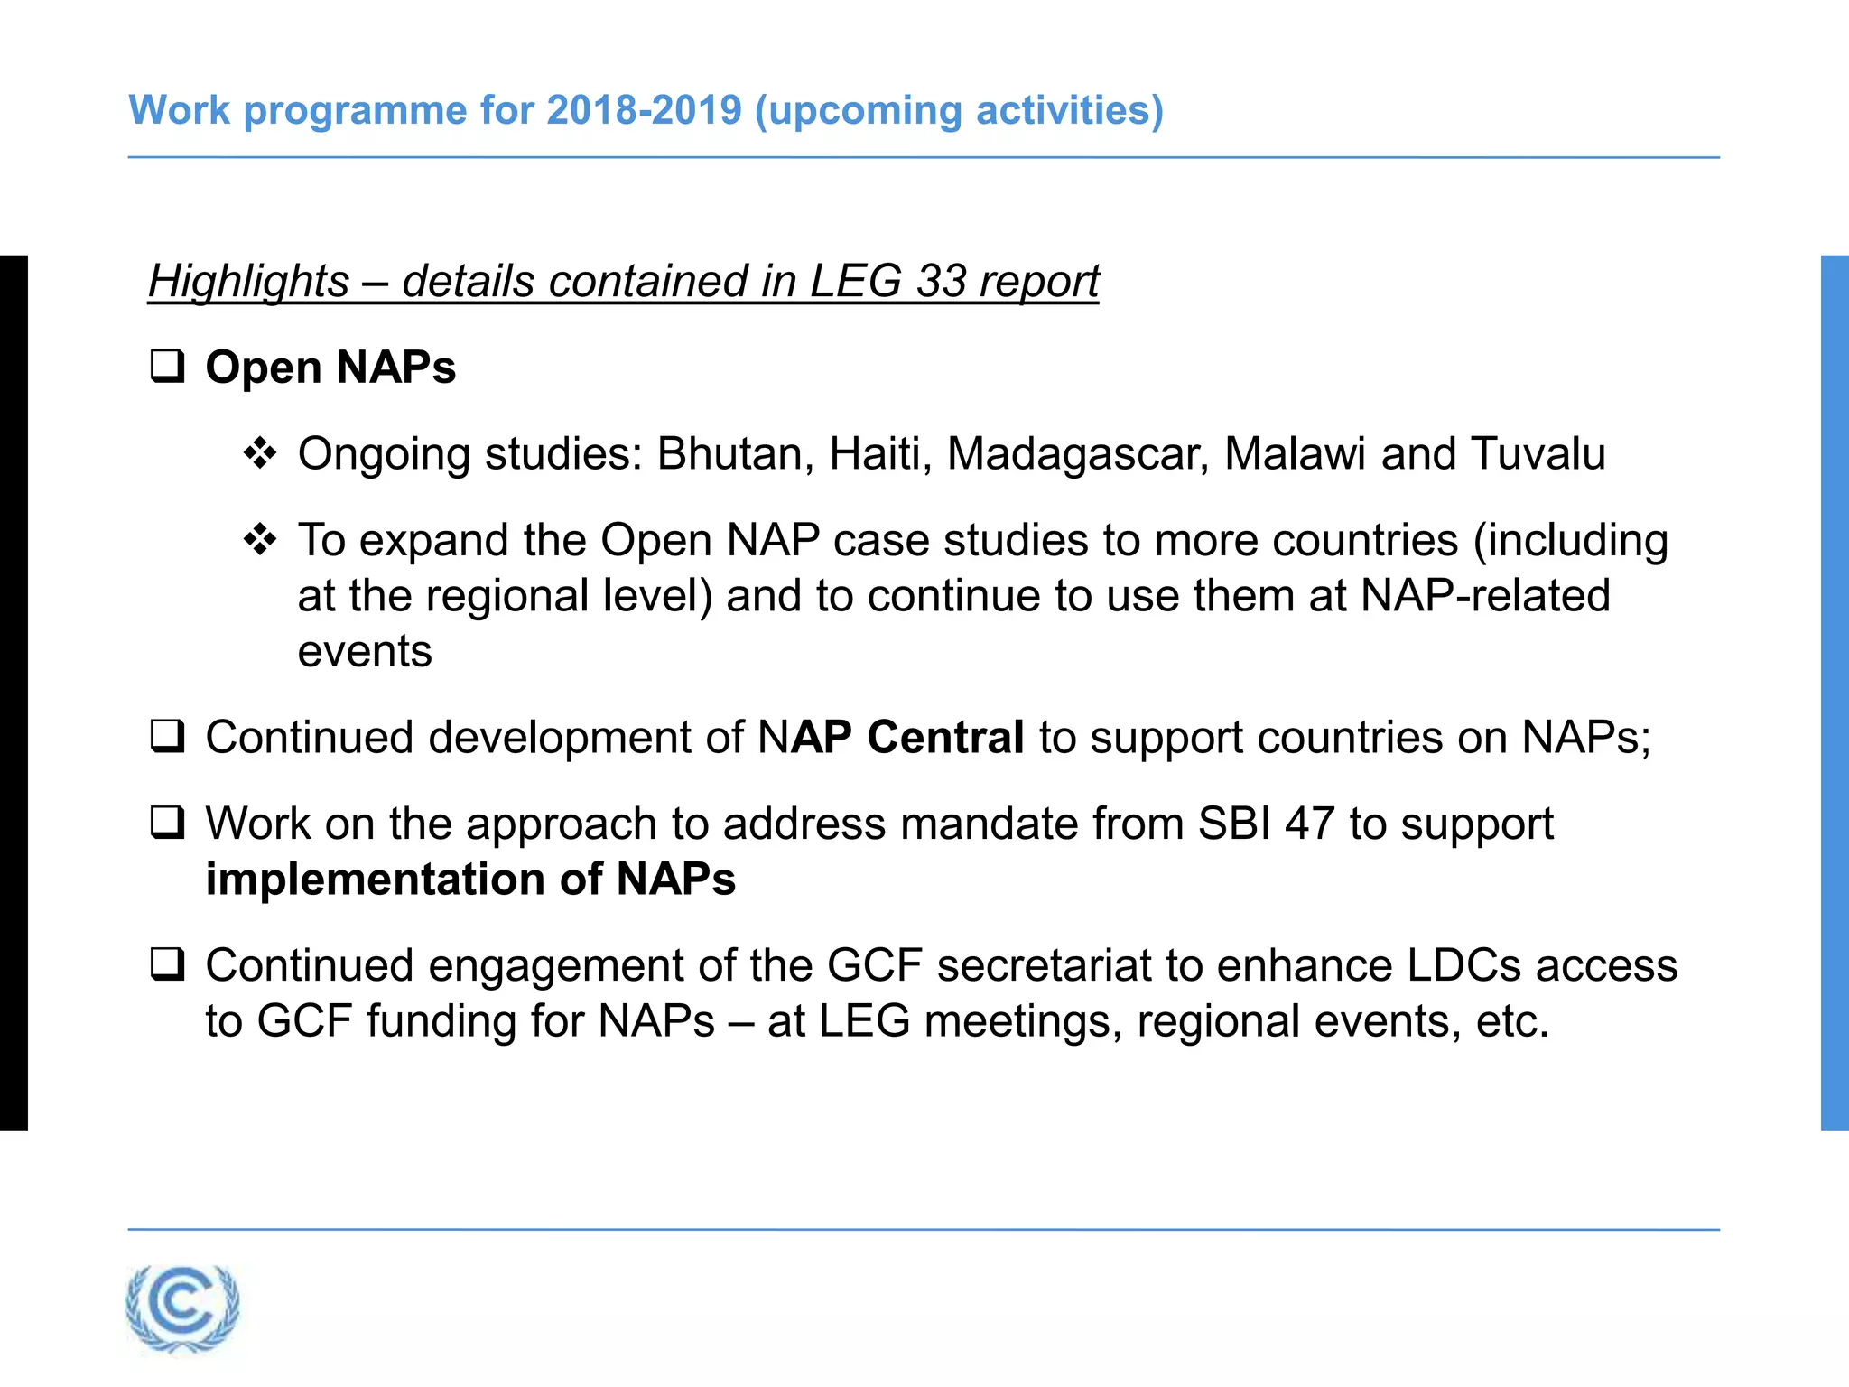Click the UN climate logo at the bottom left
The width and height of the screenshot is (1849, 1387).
(183, 1307)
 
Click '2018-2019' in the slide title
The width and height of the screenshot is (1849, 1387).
(644, 110)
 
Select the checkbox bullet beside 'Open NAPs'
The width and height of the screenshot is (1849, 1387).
(167, 367)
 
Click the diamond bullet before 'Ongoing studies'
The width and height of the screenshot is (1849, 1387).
(260, 453)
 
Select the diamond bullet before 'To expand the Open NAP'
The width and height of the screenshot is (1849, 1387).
(260, 540)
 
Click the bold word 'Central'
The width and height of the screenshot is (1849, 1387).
(944, 737)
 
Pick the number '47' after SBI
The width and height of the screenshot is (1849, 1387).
(1309, 824)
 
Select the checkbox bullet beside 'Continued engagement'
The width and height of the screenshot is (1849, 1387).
(167, 965)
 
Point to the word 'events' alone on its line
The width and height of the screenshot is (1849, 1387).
(365, 651)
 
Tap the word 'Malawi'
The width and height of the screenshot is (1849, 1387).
(1295, 453)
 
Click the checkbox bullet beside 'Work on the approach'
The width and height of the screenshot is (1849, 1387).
(167, 824)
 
